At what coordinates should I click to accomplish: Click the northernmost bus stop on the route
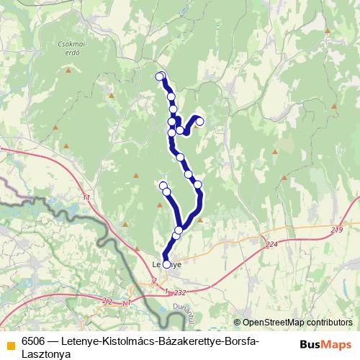[x=160, y=76]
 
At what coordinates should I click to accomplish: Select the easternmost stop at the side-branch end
[x=200, y=122]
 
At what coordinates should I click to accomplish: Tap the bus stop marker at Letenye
[x=167, y=264]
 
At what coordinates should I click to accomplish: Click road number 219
[x=337, y=230]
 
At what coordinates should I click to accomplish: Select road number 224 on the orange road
[x=271, y=246]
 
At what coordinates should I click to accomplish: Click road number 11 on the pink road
[x=87, y=197]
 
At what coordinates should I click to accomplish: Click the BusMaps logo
[x=327, y=344]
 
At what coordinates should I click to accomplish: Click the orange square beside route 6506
[x=11, y=344]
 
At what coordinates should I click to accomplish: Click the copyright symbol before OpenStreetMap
[x=237, y=323]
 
